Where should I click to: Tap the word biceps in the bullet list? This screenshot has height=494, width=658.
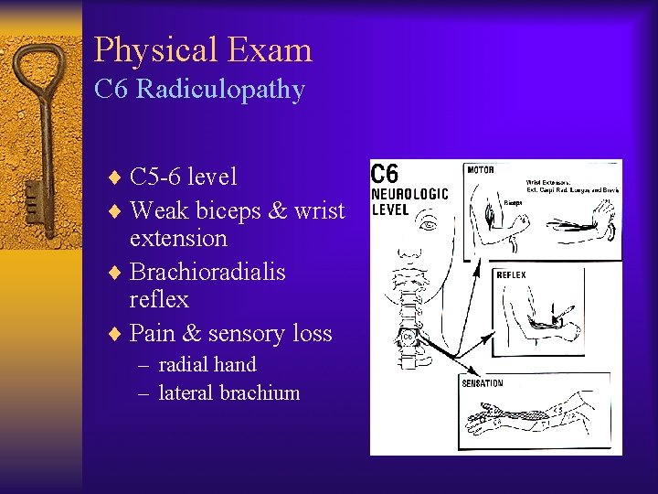[229, 210]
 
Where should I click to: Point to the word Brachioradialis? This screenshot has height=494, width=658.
[207, 272]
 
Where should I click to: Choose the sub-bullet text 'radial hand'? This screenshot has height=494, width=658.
[207, 365]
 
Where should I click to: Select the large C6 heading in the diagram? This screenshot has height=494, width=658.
[385, 172]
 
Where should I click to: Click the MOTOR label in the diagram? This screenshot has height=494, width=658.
[482, 169]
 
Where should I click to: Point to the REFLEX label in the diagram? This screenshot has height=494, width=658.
[511, 274]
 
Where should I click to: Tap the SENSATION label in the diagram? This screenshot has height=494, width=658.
[483, 382]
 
